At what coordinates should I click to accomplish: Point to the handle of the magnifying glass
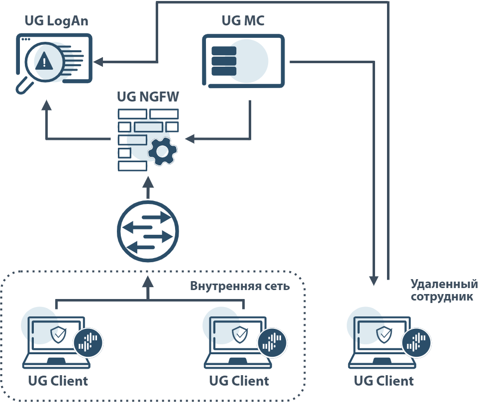23,88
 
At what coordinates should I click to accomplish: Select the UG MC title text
243,21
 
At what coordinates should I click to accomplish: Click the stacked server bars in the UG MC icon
224,61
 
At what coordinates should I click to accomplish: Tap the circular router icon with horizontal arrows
148,231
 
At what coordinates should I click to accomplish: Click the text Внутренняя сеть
240,287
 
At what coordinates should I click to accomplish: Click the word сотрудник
444,297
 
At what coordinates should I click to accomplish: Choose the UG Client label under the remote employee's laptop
384,381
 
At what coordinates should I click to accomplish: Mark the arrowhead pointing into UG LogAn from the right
98,62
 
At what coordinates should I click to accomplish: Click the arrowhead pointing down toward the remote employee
374,282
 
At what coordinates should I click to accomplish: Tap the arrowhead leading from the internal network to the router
148,283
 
